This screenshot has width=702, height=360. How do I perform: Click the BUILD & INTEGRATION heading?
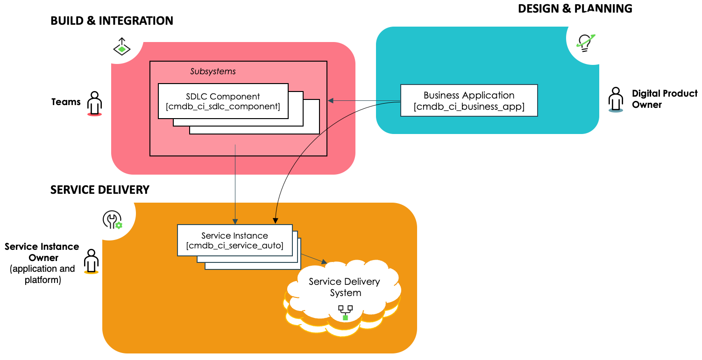click(112, 21)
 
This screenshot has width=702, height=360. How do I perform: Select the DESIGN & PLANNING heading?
click(575, 8)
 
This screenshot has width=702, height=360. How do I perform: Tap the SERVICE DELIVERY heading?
click(100, 190)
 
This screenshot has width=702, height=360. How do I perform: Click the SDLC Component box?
click(223, 101)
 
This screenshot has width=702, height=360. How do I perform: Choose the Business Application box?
click(469, 100)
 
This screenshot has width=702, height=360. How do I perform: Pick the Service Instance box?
click(235, 240)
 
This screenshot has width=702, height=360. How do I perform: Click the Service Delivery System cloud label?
click(344, 287)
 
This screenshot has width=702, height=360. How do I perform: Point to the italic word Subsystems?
click(213, 71)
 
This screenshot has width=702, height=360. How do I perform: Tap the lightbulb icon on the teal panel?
click(585, 43)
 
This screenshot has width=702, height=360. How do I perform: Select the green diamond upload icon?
click(121, 46)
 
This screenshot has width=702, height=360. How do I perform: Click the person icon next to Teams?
click(95, 103)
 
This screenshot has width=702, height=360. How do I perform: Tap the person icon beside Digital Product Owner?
click(616, 99)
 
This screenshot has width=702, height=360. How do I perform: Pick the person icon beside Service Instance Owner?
click(91, 261)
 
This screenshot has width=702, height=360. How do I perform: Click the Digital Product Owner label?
click(664, 99)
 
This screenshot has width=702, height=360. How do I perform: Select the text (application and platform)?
click(43, 274)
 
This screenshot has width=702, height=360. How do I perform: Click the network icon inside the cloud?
click(345, 313)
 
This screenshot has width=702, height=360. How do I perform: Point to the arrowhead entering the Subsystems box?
click(331, 100)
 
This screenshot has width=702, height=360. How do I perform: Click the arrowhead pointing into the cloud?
click(324, 261)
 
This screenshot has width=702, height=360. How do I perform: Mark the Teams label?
click(66, 102)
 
